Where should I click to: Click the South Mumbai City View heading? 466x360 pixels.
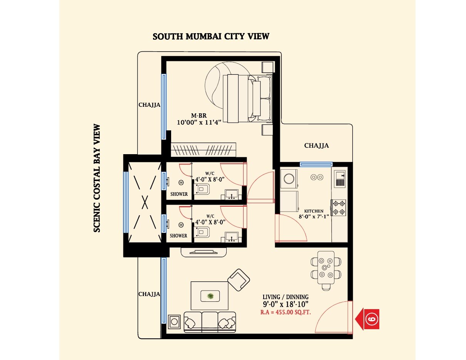211,37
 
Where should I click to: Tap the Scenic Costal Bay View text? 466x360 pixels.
97,178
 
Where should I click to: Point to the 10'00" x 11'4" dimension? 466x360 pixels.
199,123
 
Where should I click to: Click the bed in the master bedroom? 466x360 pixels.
247,98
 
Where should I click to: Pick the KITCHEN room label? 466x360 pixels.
314,211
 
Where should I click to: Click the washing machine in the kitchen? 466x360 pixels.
289,178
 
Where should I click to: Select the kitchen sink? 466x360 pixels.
340,179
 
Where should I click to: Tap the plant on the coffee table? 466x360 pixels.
210,296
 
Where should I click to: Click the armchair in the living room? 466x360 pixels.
239,279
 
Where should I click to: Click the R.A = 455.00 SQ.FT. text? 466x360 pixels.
286,313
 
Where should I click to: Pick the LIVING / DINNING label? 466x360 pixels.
285,297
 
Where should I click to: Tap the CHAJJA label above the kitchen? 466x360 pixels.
316,146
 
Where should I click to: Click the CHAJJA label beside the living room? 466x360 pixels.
149,294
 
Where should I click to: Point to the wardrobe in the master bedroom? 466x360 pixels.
203,149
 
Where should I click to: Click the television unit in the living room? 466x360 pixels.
204,252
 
